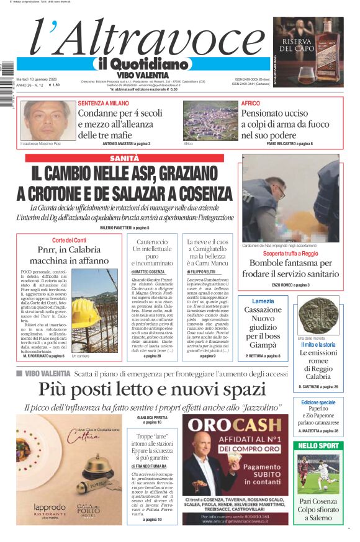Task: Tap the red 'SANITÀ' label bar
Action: [124, 159]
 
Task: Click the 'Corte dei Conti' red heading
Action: [68, 240]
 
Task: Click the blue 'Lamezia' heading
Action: [263, 301]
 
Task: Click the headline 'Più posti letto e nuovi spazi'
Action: [152, 389]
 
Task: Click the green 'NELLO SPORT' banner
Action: [318, 445]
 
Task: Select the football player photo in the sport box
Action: [318, 474]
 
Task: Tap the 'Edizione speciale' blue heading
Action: [318, 402]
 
